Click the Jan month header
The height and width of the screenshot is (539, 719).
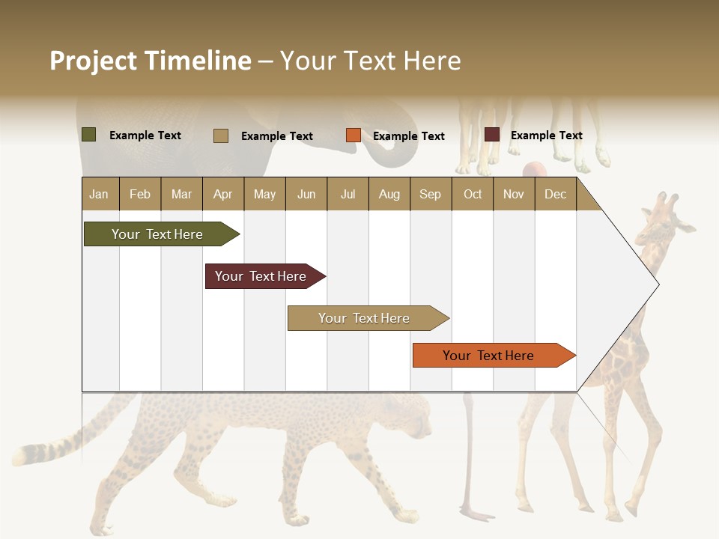pos(99,194)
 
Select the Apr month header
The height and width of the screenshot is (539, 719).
pos(222,194)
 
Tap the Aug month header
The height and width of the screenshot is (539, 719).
pos(389,194)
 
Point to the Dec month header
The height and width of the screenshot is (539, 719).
pos(555,194)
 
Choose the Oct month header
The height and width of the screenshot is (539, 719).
pos(473,194)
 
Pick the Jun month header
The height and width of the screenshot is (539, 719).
pos(306,194)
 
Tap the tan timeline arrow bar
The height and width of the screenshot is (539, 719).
pos(366,318)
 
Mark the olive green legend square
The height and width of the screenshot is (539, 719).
pos(88,135)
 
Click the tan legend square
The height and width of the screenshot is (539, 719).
pos(221,135)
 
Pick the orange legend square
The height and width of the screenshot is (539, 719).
pos(354,135)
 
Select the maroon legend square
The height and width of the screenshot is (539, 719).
pos(492,135)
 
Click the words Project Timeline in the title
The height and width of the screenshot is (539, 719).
pos(150,61)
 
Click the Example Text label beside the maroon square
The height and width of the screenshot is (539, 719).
pos(546,135)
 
